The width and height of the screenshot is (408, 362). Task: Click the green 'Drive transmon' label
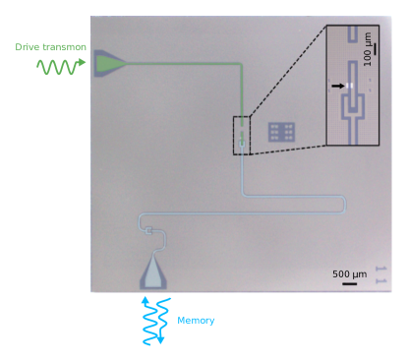[50, 47]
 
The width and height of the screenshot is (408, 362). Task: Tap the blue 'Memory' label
[196, 321]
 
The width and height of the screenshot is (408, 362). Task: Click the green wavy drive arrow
[62, 67]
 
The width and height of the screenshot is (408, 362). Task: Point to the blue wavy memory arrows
[155, 320]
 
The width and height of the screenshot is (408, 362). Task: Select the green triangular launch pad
[110, 65]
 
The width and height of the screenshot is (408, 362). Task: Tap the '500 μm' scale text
[349, 273]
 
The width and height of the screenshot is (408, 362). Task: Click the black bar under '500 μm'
[349, 283]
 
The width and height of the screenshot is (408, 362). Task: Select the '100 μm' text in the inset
[368, 48]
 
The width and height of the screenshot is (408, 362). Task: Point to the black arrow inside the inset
[338, 87]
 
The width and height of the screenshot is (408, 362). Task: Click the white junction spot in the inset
[349, 87]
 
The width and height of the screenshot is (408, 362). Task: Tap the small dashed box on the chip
[242, 135]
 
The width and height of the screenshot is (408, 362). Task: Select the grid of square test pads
[281, 132]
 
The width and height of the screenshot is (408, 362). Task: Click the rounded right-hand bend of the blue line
[344, 204]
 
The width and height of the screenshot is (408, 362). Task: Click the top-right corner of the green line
[240, 66]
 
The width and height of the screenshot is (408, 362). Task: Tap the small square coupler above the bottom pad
[150, 232]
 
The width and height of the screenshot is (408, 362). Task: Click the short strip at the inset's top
[352, 34]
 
